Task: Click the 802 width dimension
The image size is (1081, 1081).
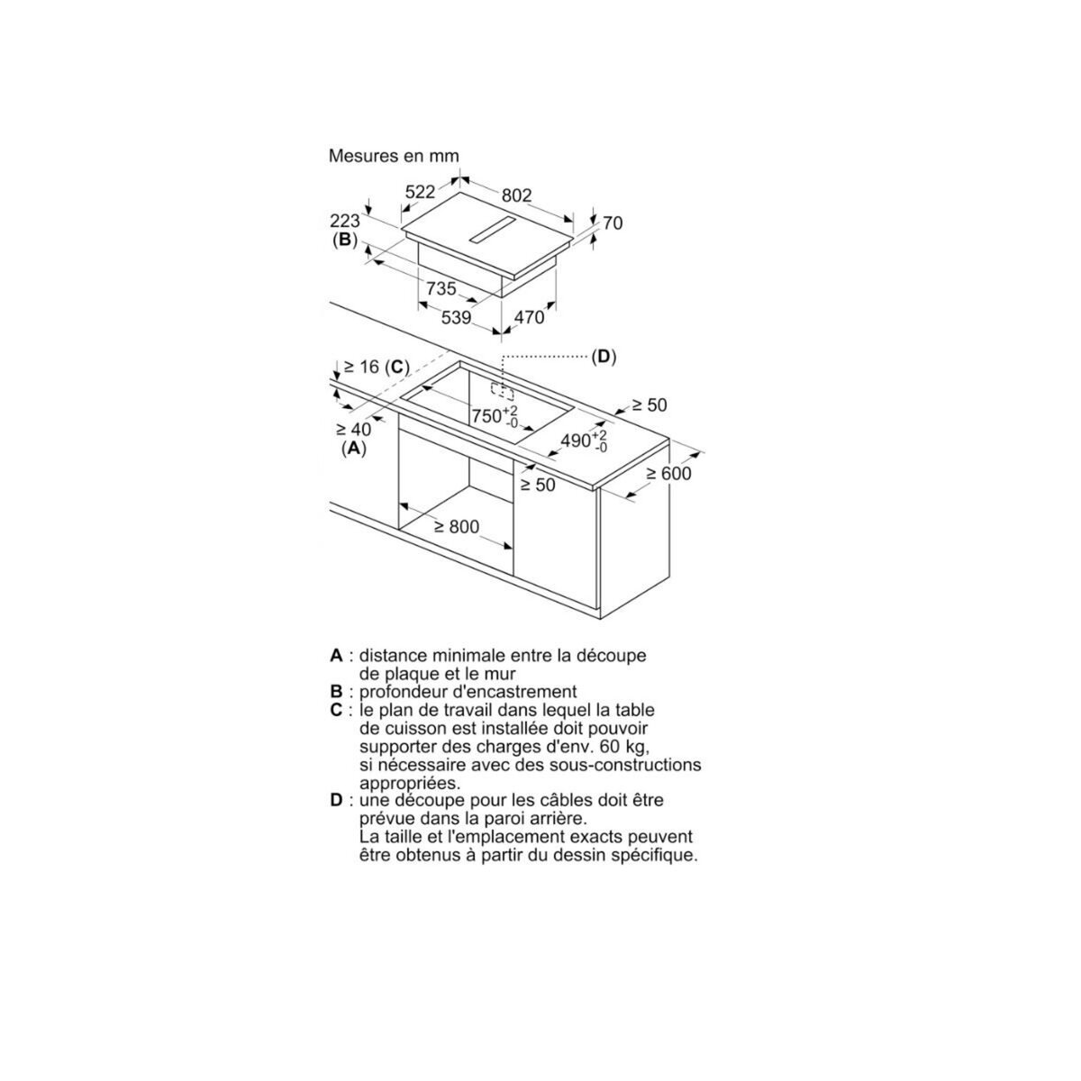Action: coord(516,195)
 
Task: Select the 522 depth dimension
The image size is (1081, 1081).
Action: coord(420,192)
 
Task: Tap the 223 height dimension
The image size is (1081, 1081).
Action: coord(344,221)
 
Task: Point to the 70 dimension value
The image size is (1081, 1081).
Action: coord(613,223)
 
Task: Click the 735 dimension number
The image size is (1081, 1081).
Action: coord(441,288)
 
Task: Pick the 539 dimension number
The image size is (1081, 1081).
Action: coord(456,317)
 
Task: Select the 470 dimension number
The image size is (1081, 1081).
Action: coord(529,317)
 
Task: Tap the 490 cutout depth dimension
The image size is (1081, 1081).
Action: coord(584,441)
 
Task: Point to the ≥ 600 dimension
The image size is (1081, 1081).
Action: coord(669,474)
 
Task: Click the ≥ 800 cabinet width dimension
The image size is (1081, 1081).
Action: coord(457,527)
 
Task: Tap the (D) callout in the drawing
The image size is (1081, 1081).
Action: coord(604,357)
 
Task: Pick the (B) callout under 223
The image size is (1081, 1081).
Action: coord(344,241)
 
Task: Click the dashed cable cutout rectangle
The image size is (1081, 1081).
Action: coord(502,390)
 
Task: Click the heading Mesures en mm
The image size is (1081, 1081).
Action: coord(394,156)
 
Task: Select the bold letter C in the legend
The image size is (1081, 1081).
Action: coord(336,710)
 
